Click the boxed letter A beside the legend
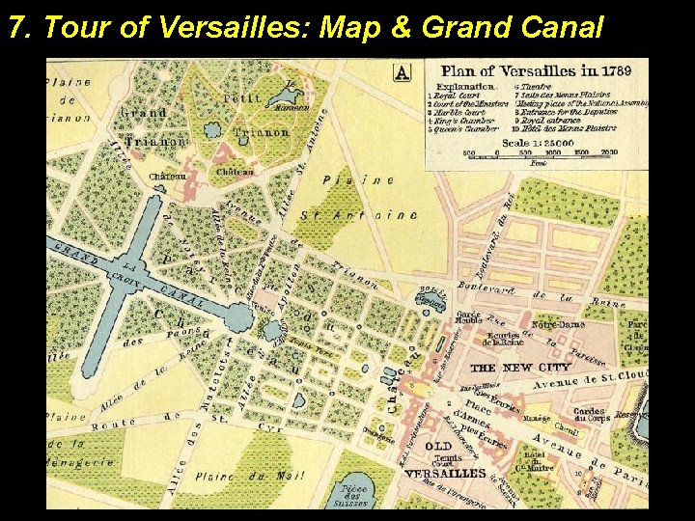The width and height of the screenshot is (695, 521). pos(403,71)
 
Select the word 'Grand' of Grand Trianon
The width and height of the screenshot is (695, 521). pos(143,113)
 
